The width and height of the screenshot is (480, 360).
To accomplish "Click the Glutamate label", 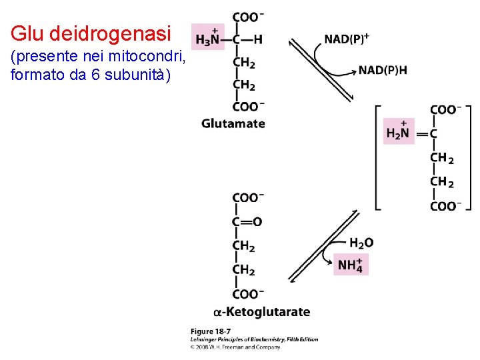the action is (x=233, y=123).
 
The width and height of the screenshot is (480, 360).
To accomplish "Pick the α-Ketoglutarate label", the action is (x=262, y=312).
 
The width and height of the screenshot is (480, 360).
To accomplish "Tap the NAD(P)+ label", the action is (x=347, y=39).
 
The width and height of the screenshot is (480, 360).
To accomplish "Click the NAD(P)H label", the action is (x=383, y=69).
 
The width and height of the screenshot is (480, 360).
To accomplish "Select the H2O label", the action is (x=361, y=243).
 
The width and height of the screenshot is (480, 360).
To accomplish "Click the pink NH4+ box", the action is (x=351, y=264).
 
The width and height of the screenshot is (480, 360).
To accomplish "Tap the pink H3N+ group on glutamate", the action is (x=207, y=37).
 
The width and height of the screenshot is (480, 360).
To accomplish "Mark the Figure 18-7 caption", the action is (x=211, y=331).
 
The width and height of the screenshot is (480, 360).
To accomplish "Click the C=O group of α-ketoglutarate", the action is (x=247, y=222).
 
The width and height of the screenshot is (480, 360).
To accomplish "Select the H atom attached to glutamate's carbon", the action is (x=258, y=39).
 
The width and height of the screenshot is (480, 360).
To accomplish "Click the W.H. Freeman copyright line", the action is (x=235, y=347).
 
